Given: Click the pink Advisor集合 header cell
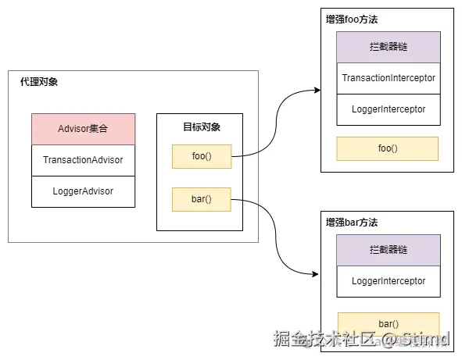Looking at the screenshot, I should (x=83, y=129).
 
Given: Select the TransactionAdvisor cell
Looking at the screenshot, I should (x=83, y=160).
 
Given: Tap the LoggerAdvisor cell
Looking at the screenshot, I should (x=83, y=191).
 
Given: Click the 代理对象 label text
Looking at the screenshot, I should (x=38, y=82).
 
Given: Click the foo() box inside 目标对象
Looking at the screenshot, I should (x=202, y=156).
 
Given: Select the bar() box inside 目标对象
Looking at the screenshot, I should (x=202, y=200).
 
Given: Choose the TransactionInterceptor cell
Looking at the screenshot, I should (x=389, y=78).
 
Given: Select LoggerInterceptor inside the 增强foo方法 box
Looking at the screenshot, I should (x=389, y=109).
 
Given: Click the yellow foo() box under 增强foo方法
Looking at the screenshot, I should (x=388, y=148).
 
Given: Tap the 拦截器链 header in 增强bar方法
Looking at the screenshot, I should (x=389, y=250).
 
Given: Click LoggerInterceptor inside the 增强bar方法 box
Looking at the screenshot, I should (x=389, y=280).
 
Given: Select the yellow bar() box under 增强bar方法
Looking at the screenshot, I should (x=388, y=323).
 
